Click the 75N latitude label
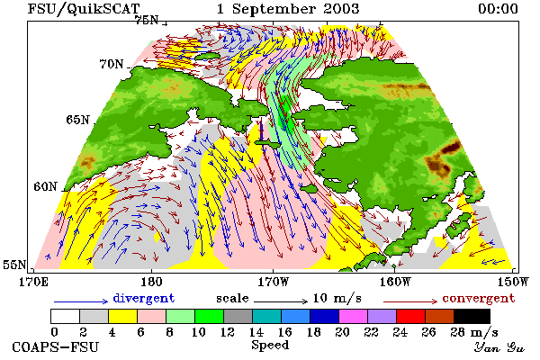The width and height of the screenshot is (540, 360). click(x=147, y=21)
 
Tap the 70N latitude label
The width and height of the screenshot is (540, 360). click(x=112, y=64)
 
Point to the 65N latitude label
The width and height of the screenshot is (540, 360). click(x=77, y=120)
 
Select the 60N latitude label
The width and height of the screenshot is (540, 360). click(x=45, y=186)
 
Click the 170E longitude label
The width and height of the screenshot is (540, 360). click(x=33, y=282)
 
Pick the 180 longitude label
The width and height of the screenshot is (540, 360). click(x=151, y=282)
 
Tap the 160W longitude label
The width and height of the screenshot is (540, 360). click(x=395, y=282)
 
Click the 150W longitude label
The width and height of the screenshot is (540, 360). click(x=513, y=282)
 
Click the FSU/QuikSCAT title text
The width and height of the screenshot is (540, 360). click(x=84, y=9)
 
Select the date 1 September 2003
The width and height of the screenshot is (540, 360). click(x=288, y=9)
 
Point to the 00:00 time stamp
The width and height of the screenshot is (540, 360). click(x=498, y=9)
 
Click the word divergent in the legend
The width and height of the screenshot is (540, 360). click(x=144, y=298)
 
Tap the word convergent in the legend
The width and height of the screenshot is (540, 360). click(x=479, y=298)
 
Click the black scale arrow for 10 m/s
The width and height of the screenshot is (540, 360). click(x=281, y=301)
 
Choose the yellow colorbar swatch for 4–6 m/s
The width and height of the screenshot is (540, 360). click(x=123, y=316)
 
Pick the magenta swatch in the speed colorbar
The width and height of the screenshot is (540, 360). click(x=354, y=316)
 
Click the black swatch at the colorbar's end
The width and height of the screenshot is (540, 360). click(x=472, y=316)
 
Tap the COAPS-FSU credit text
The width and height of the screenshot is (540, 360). click(x=56, y=346)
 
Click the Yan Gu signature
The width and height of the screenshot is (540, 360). click(x=499, y=347)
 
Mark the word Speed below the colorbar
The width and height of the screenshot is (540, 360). click(x=270, y=346)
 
